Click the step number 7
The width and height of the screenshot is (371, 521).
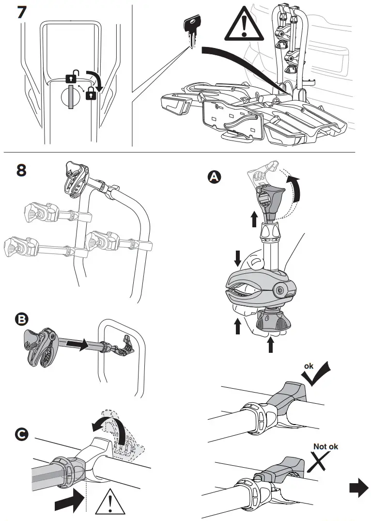click(x=22, y=12)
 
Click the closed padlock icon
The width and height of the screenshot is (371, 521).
click(x=90, y=95)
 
